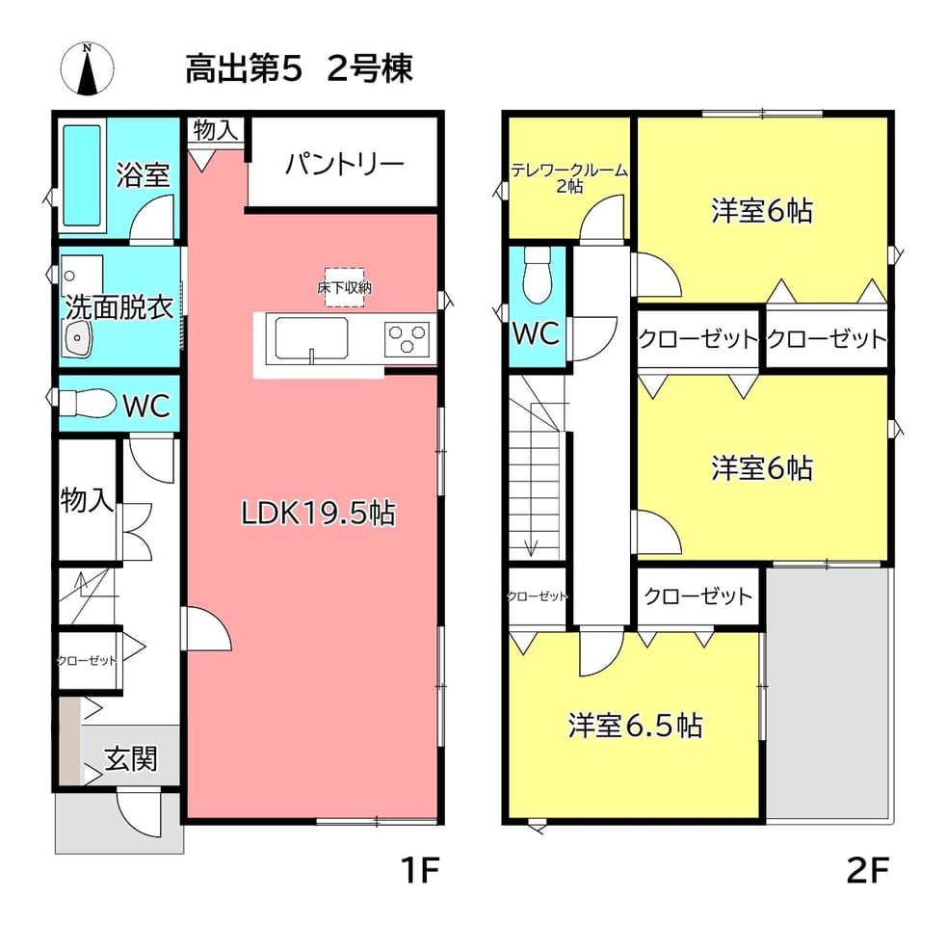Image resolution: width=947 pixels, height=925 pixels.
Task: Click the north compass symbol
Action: click(x=88, y=68)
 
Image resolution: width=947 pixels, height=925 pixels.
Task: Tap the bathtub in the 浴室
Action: click(x=82, y=175)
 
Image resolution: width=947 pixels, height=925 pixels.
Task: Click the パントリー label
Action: click(x=344, y=164)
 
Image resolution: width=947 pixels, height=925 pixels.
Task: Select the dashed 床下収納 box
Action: click(x=344, y=287)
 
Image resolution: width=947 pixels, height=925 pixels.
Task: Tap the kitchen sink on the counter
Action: click(x=311, y=339)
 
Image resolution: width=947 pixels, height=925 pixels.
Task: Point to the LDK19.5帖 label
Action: click(x=318, y=514)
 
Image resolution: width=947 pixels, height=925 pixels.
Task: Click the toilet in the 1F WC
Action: click(x=89, y=403)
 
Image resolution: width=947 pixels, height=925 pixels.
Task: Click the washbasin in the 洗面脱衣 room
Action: click(x=77, y=337)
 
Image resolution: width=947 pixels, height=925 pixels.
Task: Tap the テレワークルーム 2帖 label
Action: click(x=569, y=177)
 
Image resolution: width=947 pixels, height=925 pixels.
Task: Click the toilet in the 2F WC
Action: click(x=537, y=275)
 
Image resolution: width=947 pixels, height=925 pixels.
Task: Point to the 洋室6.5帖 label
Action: click(x=636, y=725)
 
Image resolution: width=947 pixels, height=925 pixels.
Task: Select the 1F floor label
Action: click(x=420, y=871)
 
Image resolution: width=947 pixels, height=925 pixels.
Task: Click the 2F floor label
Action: click(x=868, y=871)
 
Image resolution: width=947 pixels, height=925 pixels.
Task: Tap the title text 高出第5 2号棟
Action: click(x=299, y=68)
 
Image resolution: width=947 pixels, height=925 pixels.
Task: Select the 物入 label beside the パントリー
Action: click(x=216, y=130)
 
